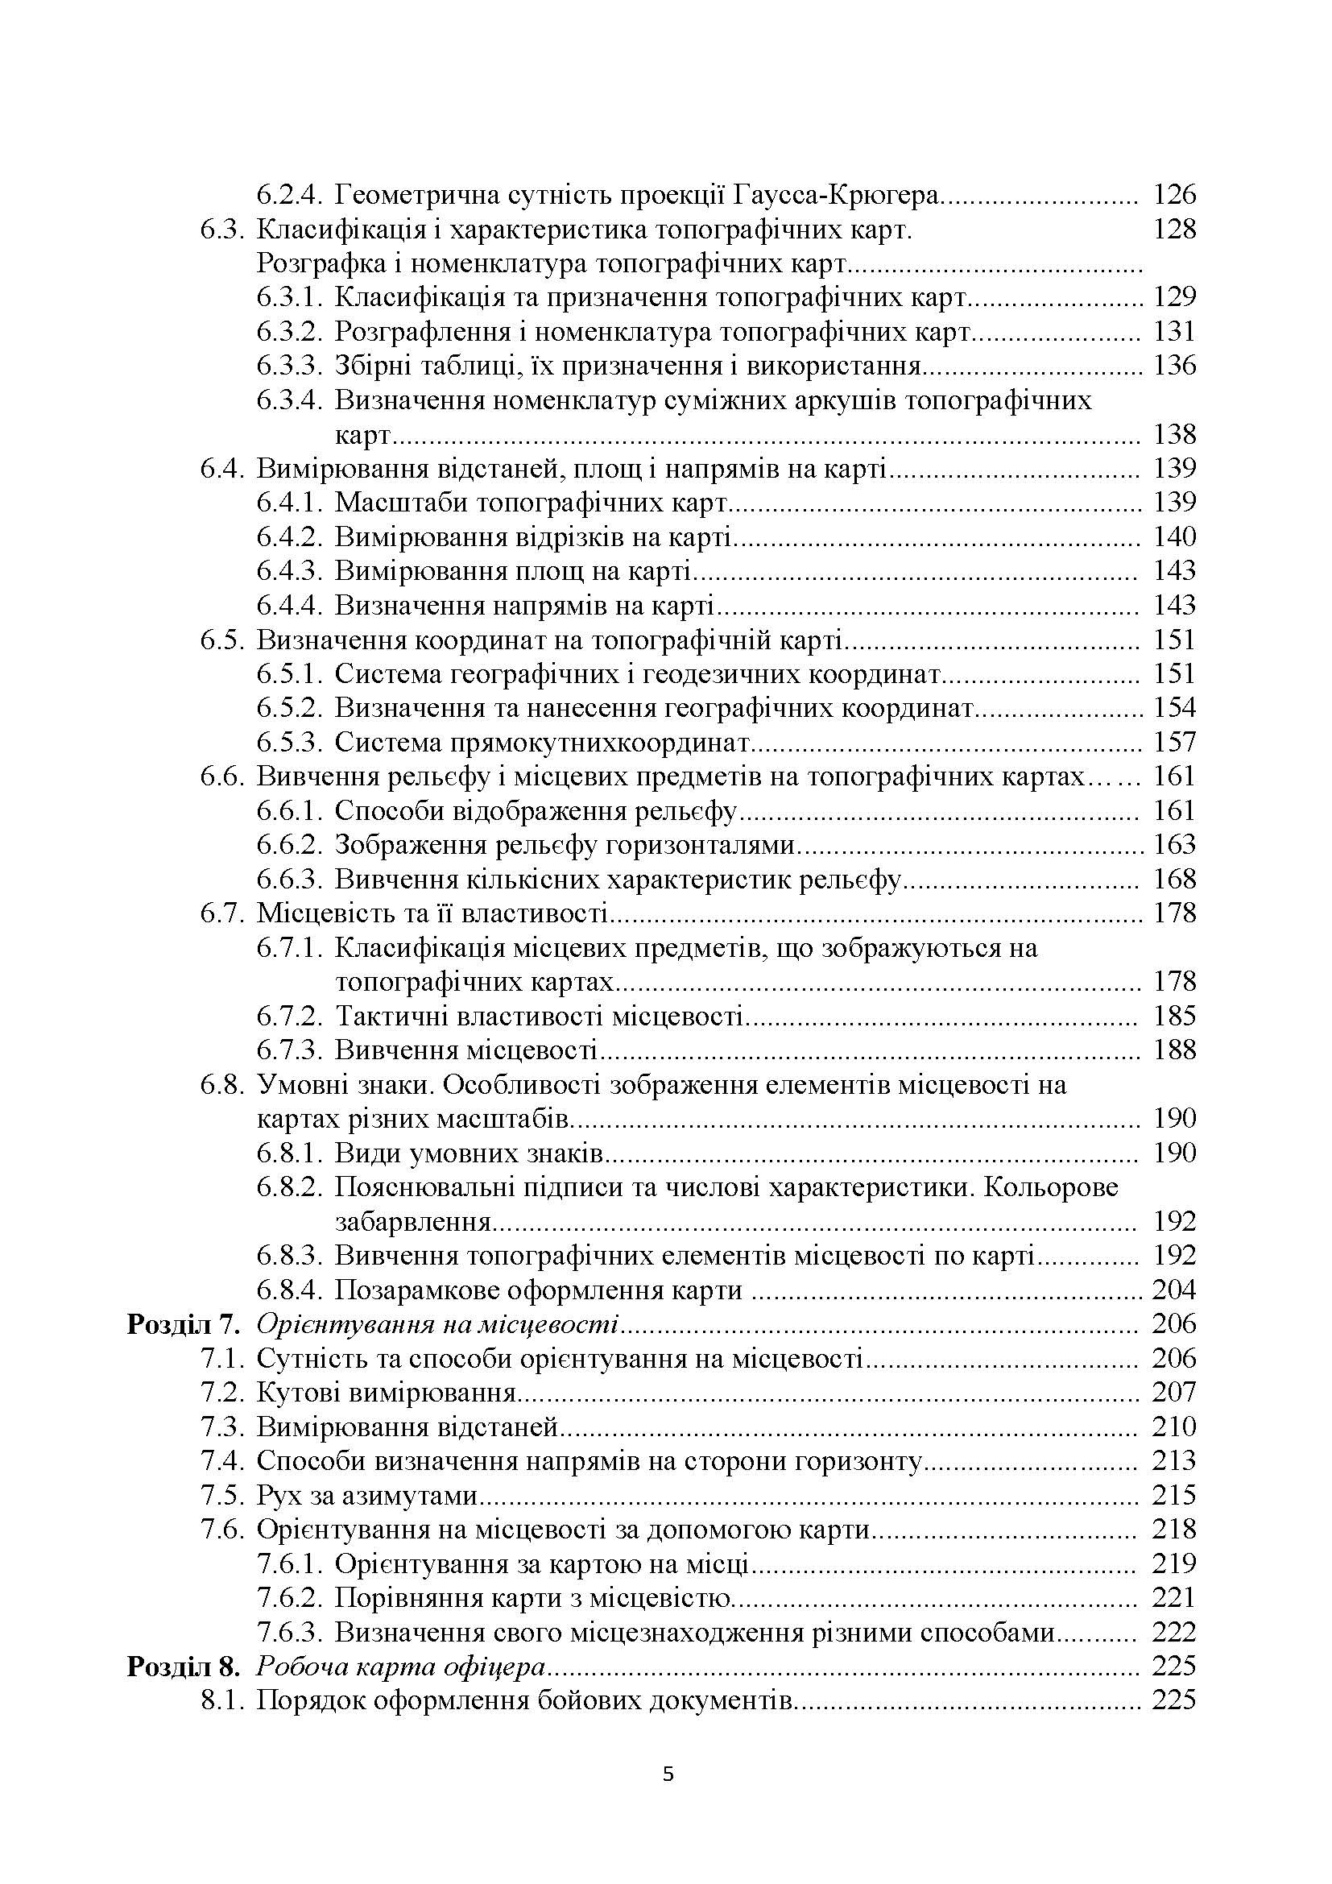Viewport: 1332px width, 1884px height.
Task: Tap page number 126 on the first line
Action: tap(1174, 194)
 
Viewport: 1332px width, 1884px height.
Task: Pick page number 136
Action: tap(1174, 365)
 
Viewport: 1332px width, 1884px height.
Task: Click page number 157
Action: tap(1174, 743)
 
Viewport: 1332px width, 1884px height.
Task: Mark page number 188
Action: tap(1174, 1050)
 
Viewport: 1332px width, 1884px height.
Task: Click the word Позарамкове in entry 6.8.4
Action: tap(417, 1290)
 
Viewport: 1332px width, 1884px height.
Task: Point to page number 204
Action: tap(1173, 1290)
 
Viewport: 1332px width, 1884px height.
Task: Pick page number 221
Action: tap(1173, 1597)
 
